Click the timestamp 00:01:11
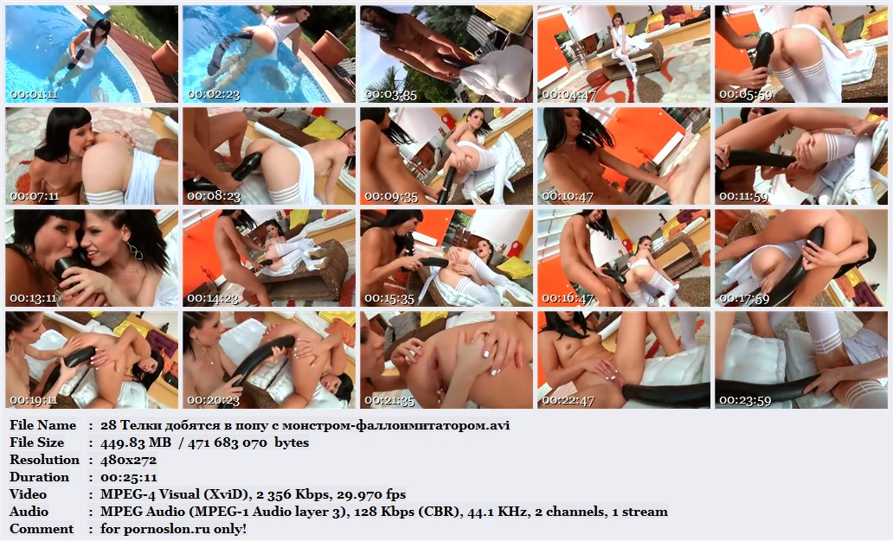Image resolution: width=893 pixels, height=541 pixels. point(34,94)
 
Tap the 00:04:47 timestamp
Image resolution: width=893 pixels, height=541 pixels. point(568,94)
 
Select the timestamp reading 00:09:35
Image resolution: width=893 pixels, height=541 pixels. point(391,196)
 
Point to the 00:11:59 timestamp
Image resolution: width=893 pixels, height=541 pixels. point(744,196)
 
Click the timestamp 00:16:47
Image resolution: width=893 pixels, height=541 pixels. point(568,298)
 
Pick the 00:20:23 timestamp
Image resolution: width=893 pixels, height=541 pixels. point(213,400)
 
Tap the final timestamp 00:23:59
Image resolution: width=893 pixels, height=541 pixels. point(745,400)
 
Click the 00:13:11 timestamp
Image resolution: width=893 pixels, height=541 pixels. point(34,298)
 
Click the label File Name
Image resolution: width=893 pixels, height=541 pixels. point(42,425)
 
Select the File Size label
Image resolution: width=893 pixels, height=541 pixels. point(37,442)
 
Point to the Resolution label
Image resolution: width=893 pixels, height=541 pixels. point(44,460)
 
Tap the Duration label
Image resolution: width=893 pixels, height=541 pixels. point(39,477)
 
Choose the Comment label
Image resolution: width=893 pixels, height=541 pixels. point(42,529)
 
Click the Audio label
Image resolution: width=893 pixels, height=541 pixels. point(29,512)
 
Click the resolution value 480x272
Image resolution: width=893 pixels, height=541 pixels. point(128,460)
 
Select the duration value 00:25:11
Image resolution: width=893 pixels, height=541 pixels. point(129,477)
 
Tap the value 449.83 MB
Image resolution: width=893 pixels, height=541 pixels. point(136,442)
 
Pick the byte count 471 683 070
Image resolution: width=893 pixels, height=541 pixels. point(228,442)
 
